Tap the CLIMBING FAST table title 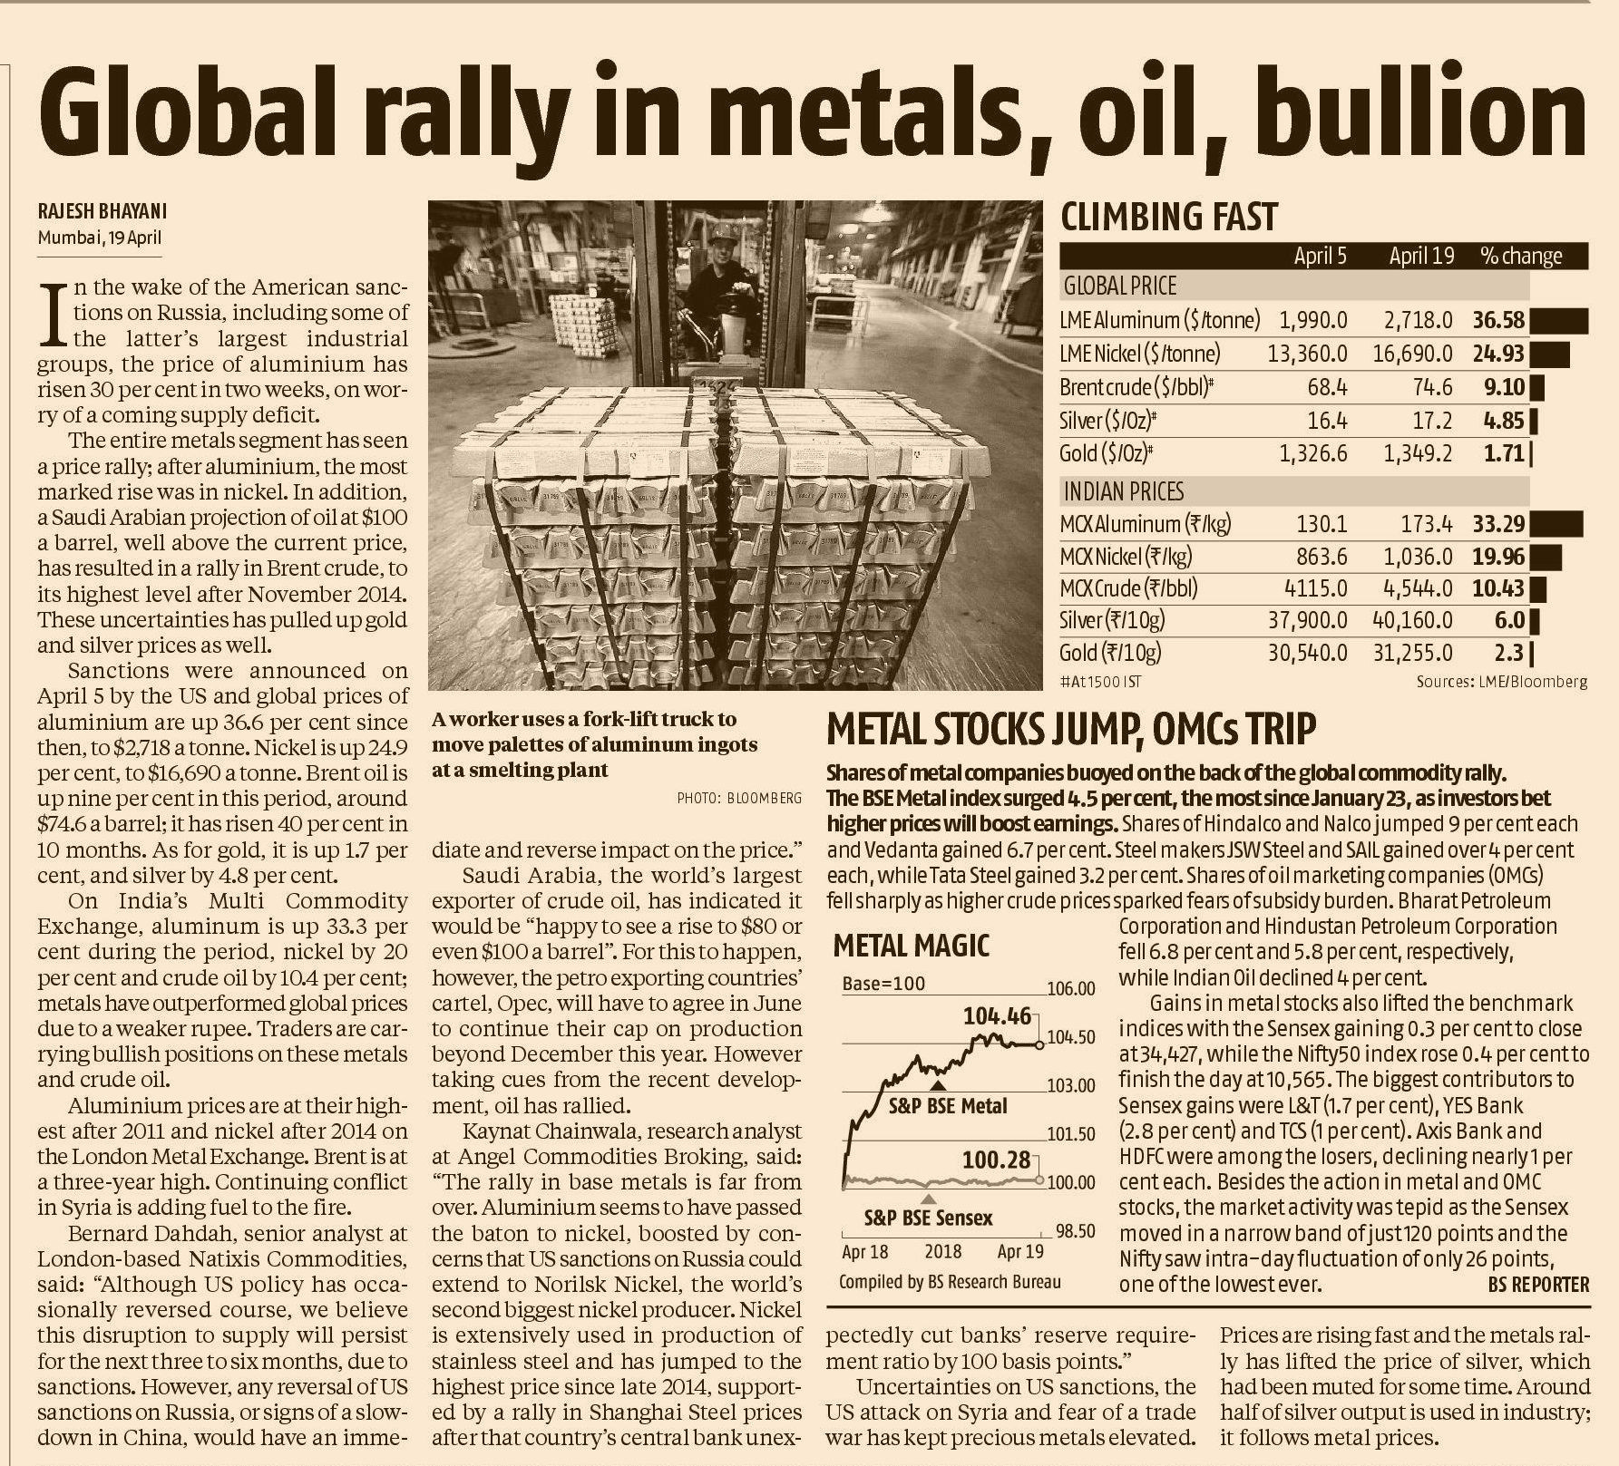click(x=1169, y=218)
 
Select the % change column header click(x=1521, y=257)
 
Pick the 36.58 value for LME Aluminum click(x=1498, y=320)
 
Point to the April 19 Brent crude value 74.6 click(x=1432, y=388)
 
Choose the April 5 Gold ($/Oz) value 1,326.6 click(x=1313, y=453)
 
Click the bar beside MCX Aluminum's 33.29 click(x=1556, y=524)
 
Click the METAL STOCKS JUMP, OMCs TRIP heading click(x=1071, y=728)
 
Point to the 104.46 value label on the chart click(x=998, y=1016)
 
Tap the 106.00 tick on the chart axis click(x=1071, y=989)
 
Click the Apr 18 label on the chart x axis click(x=865, y=1252)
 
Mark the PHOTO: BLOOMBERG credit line click(x=739, y=798)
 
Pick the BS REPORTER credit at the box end click(x=1538, y=1285)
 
